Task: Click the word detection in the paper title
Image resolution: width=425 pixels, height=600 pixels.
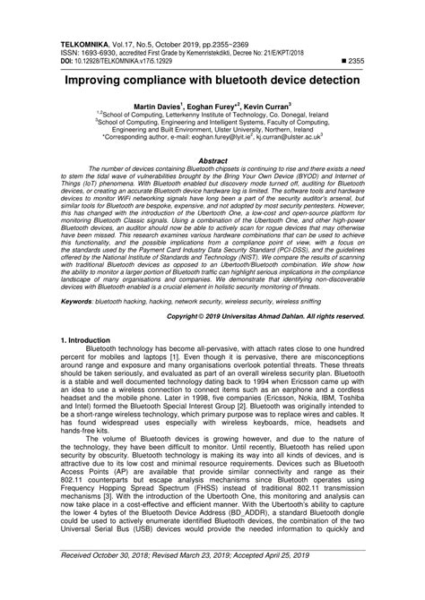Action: pos(328,81)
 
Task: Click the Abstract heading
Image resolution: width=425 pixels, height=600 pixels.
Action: pos(212,161)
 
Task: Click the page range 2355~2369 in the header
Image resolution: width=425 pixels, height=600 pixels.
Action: pos(213,41)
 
